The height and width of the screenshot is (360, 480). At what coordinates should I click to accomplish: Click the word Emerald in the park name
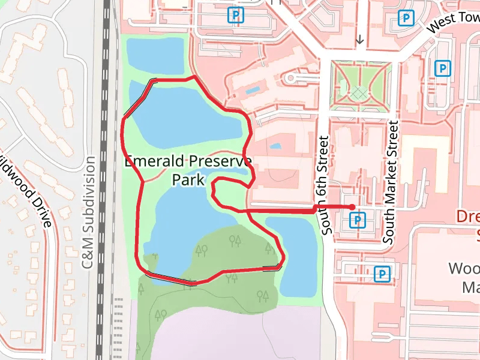pyautogui.click(x=155, y=162)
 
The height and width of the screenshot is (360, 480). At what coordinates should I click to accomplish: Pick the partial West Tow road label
pyautogui.click(x=453, y=23)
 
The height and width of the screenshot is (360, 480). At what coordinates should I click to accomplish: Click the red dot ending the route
pyautogui.click(x=352, y=207)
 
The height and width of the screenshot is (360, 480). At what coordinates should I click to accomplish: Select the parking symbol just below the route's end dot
pyautogui.click(x=358, y=221)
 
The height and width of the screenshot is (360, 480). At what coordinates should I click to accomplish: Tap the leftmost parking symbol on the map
pyautogui.click(x=238, y=14)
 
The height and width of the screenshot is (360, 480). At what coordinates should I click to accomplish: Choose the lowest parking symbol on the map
pyautogui.click(x=382, y=275)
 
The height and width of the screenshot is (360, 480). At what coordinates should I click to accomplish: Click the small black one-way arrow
pyautogui.click(x=359, y=40)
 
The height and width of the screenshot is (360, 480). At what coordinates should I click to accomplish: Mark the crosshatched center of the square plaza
pyautogui.click(x=360, y=92)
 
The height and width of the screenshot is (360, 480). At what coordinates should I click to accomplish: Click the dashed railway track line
pyautogui.click(x=107, y=180)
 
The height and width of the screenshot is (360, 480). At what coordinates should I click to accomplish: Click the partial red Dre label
pyautogui.click(x=468, y=217)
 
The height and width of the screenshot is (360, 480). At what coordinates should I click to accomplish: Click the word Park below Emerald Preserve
pyautogui.click(x=188, y=179)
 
